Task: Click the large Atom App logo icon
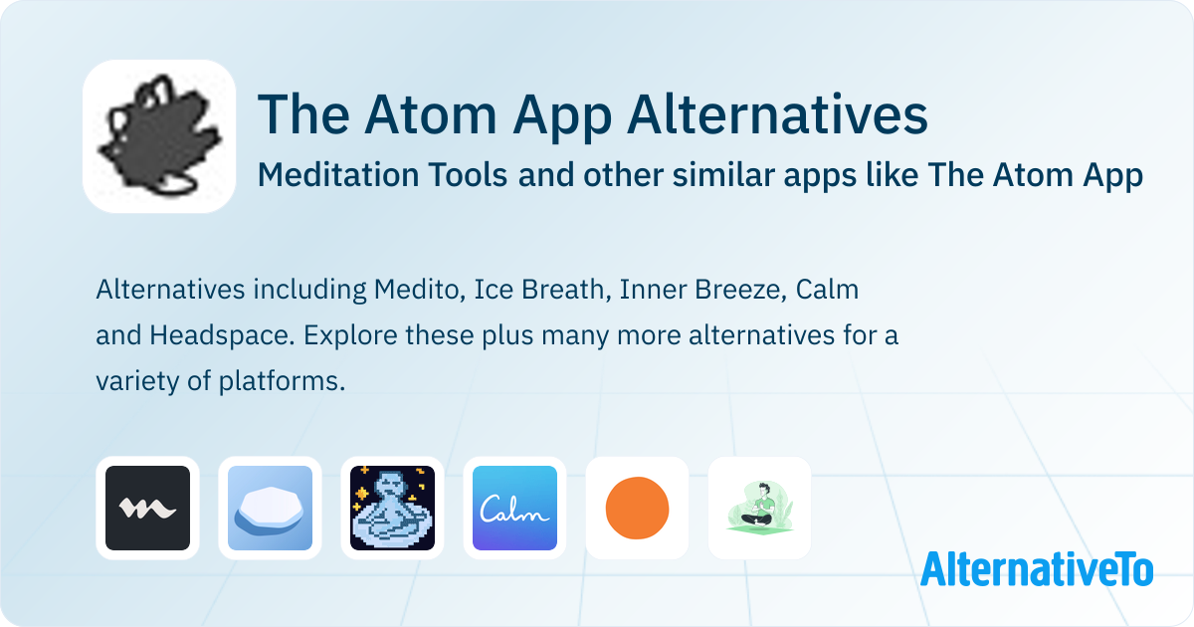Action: (159, 136)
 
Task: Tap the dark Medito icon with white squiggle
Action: (147, 508)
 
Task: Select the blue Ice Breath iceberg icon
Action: (270, 508)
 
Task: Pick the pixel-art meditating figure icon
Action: (392, 508)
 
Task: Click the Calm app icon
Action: (515, 508)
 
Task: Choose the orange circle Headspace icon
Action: (637, 508)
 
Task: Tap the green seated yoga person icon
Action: (759, 508)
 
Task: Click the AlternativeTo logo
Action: (1037, 569)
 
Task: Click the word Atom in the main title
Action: (431, 114)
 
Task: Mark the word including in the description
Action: (309, 290)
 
